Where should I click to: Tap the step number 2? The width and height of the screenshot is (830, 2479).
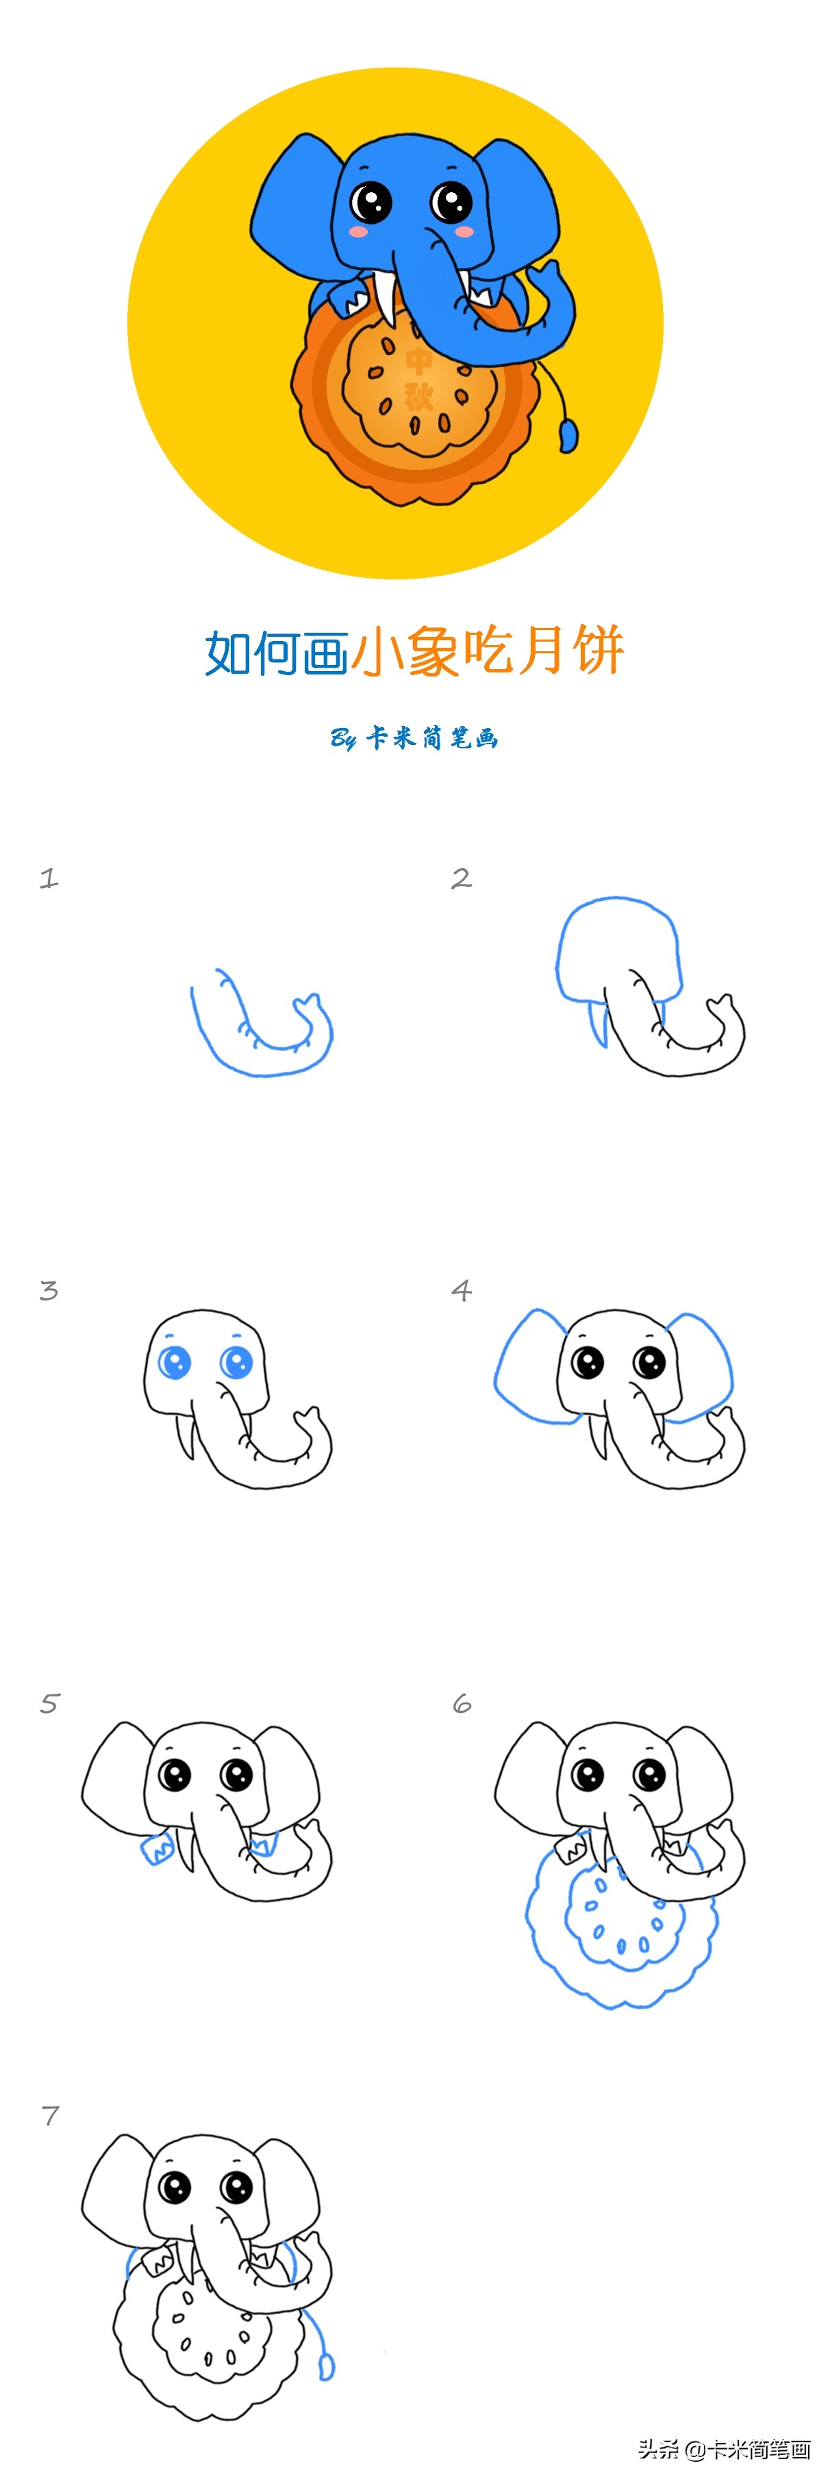(461, 878)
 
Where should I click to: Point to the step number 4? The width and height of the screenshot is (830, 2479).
(461, 1291)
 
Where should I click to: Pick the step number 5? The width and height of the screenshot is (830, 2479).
(50, 1703)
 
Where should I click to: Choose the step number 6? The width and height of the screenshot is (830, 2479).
(462, 1703)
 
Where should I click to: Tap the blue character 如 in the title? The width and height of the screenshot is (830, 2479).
(229, 653)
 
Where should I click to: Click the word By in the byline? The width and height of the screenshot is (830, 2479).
(344, 738)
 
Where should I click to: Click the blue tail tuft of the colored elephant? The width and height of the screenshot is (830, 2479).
(569, 434)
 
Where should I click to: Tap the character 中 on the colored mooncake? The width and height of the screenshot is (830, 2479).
(419, 361)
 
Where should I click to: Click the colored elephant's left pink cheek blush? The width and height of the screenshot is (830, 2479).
(359, 232)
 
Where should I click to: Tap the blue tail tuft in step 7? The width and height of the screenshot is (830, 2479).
(327, 2365)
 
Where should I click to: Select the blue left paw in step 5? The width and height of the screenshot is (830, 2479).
(157, 1850)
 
